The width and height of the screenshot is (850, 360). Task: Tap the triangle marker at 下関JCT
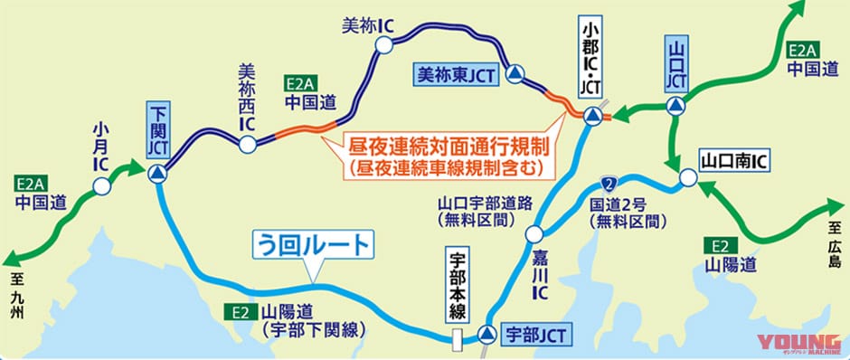click(x=157, y=173)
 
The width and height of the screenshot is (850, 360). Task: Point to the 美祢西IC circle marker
click(x=246, y=143)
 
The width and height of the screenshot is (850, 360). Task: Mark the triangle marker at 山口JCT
click(x=675, y=108)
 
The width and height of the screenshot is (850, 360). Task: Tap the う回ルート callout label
click(x=309, y=244)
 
